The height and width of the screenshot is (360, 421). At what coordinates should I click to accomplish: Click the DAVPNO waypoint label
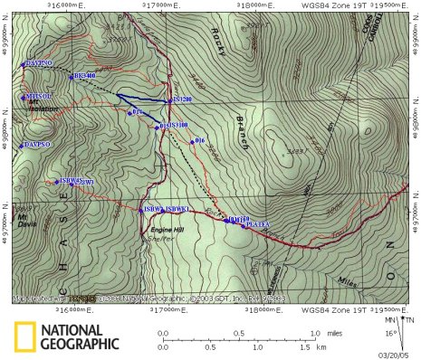[x=39, y=64]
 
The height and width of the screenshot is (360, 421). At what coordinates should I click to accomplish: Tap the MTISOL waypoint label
[x=40, y=96]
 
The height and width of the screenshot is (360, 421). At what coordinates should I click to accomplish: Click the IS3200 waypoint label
[x=181, y=99]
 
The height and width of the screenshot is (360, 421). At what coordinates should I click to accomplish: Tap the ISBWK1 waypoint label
[x=176, y=210]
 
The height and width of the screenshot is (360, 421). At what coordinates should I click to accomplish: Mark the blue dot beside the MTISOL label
[x=23, y=97]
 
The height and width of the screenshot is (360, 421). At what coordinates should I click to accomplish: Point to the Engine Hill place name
[x=166, y=232]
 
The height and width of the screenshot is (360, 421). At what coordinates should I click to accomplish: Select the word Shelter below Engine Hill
[x=165, y=240]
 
